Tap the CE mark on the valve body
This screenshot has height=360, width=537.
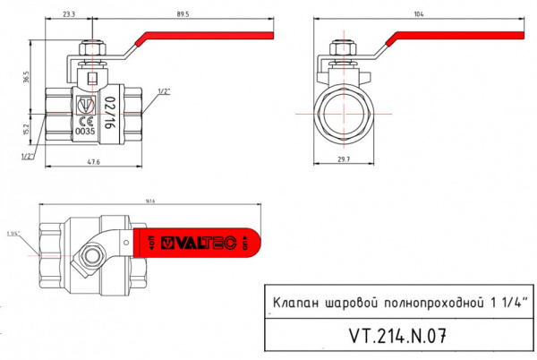pos(86,120)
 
